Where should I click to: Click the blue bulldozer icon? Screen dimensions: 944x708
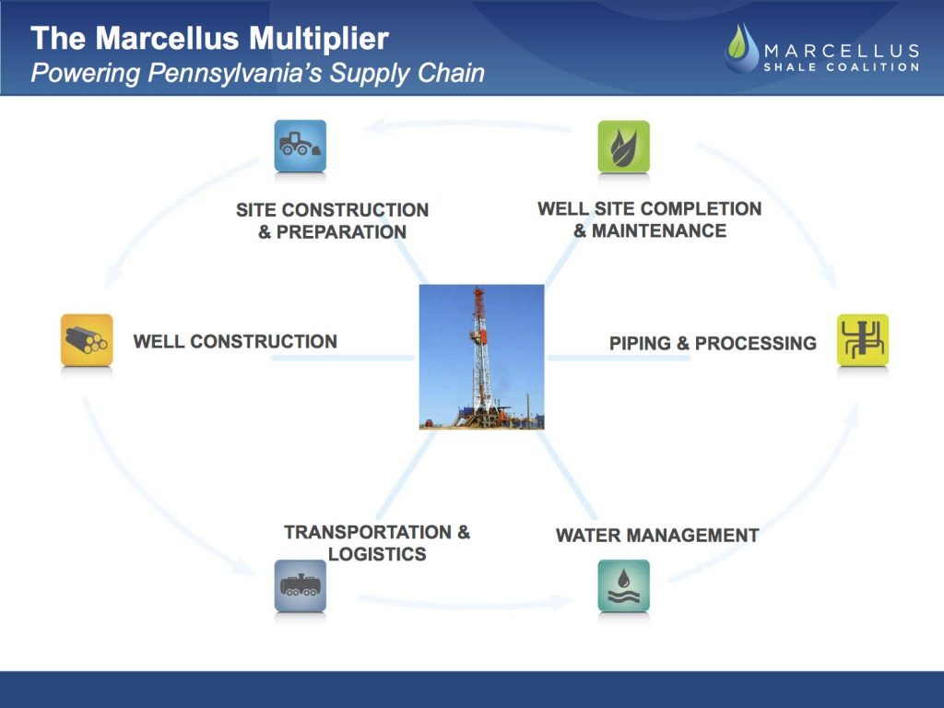(x=301, y=146)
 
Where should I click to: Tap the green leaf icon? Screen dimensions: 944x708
(x=624, y=147)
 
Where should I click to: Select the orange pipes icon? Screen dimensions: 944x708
(x=87, y=340)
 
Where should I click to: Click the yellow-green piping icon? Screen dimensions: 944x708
(x=863, y=340)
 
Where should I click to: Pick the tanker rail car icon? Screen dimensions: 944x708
(x=301, y=585)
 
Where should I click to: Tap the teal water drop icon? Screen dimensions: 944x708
(x=624, y=585)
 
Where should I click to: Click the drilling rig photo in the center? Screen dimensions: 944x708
(x=481, y=357)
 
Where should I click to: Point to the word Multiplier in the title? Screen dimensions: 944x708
(x=319, y=39)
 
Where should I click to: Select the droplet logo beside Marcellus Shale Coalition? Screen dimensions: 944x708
(x=742, y=48)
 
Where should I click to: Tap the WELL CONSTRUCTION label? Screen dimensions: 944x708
(x=235, y=341)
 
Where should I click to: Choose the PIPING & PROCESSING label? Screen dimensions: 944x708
(x=713, y=343)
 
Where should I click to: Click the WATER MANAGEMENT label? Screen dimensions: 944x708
(x=657, y=536)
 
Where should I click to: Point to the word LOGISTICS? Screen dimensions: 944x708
(x=377, y=554)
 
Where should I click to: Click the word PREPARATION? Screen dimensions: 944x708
(x=341, y=231)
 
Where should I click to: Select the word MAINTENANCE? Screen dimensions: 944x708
(x=659, y=230)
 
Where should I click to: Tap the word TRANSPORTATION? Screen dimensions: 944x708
(x=368, y=532)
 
